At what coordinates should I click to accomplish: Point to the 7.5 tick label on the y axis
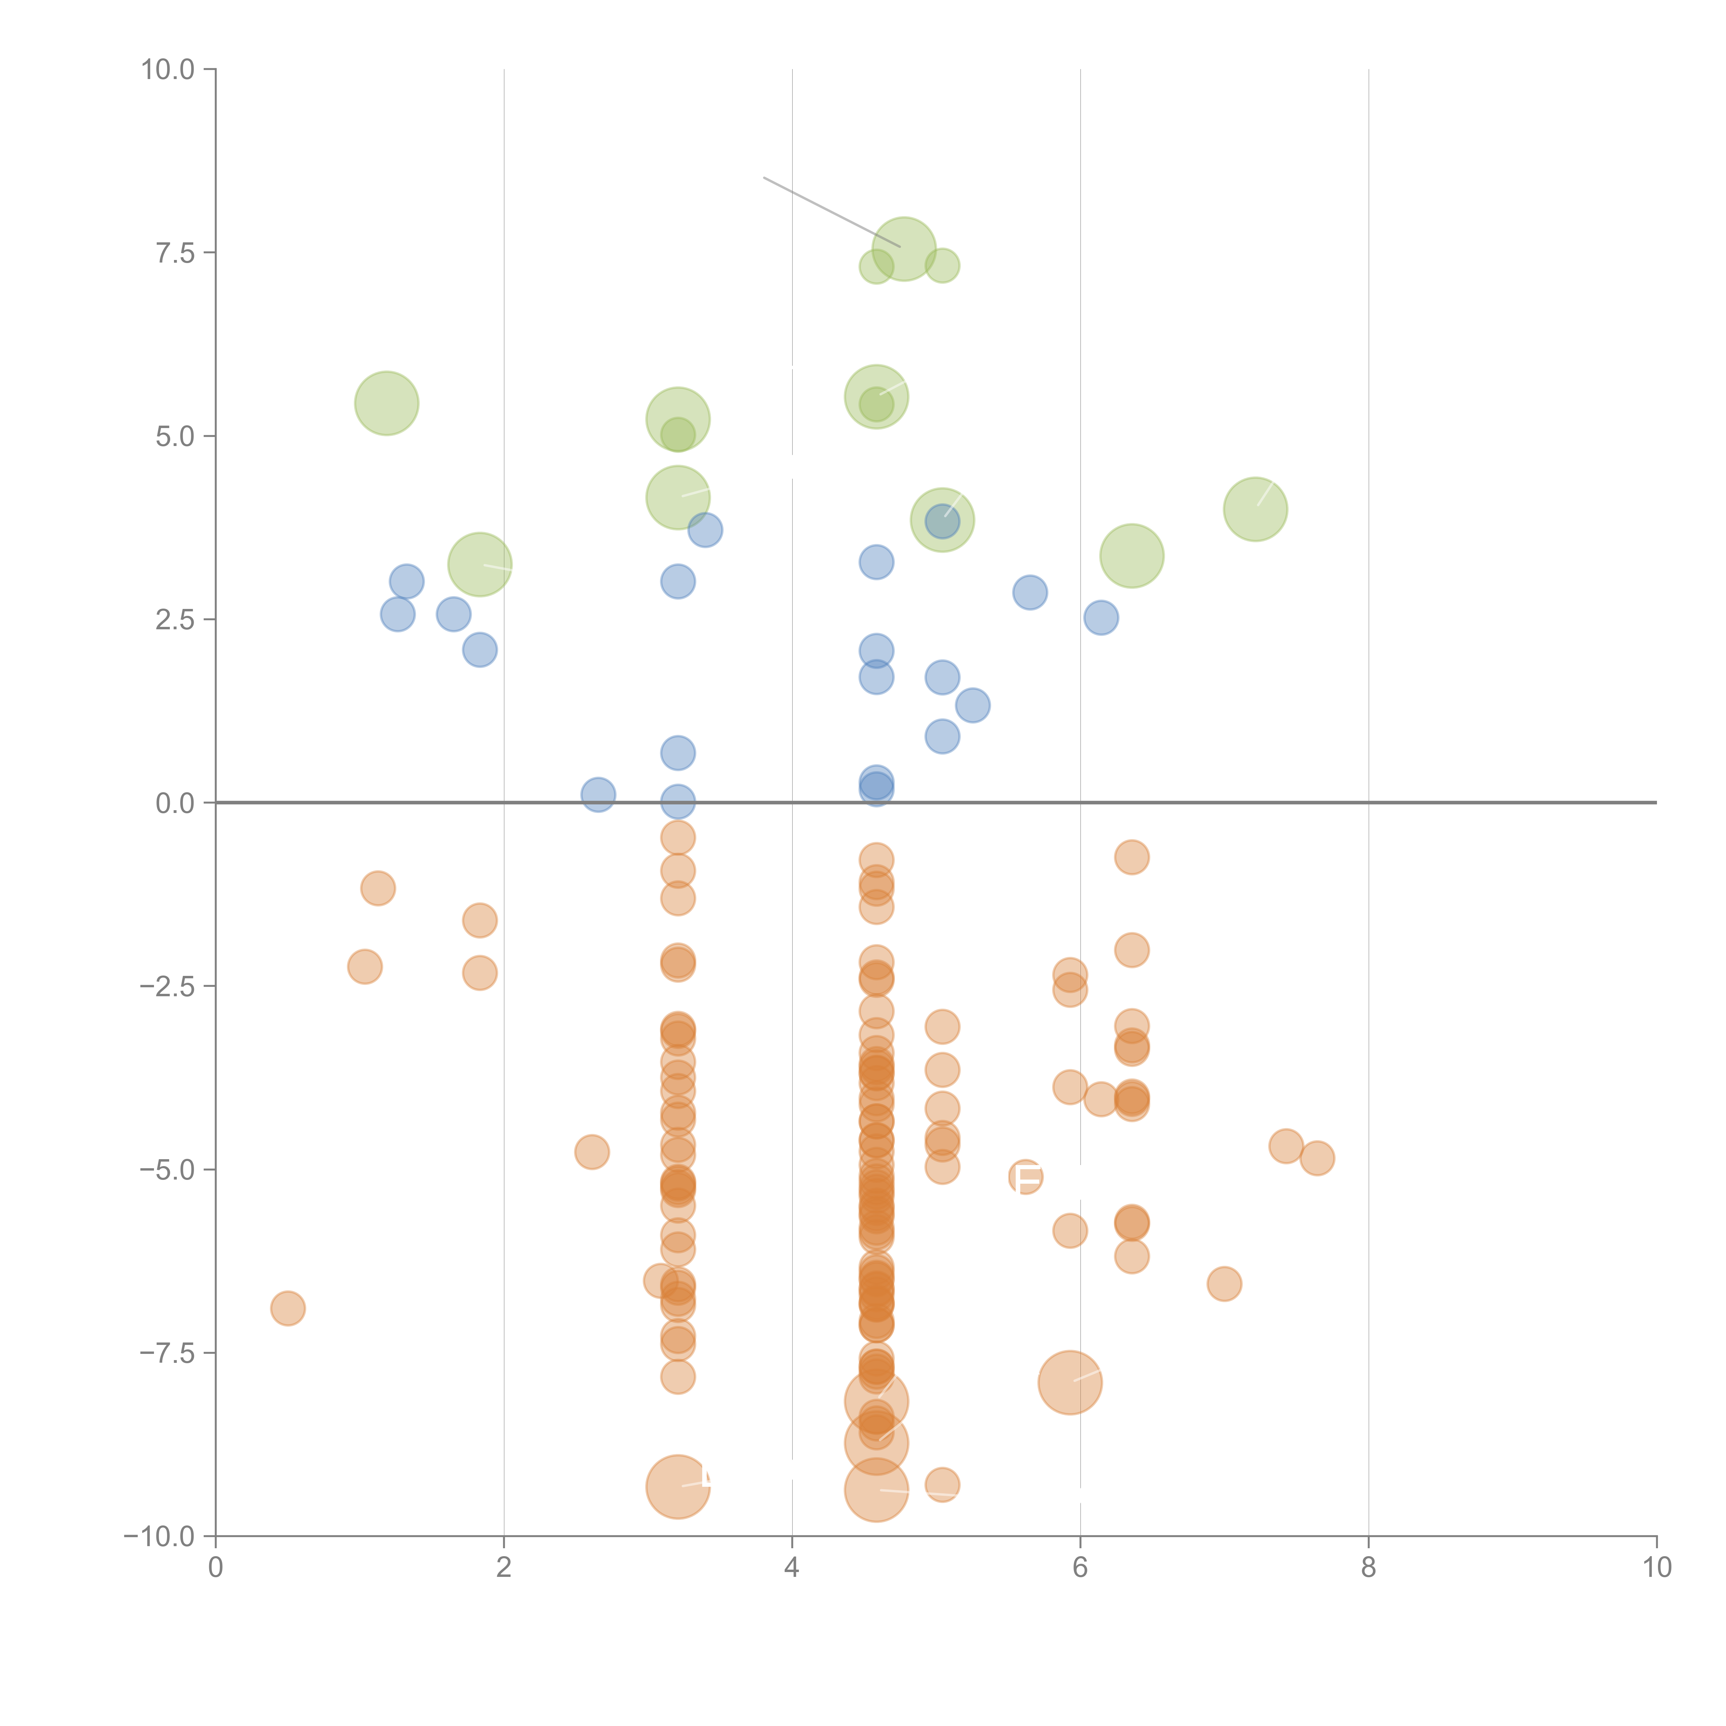(175, 253)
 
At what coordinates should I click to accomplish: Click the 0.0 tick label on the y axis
(175, 803)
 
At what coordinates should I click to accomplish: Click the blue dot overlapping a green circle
(942, 520)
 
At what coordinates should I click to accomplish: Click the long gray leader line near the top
(831, 212)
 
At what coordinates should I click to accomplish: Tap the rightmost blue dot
(1100, 617)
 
